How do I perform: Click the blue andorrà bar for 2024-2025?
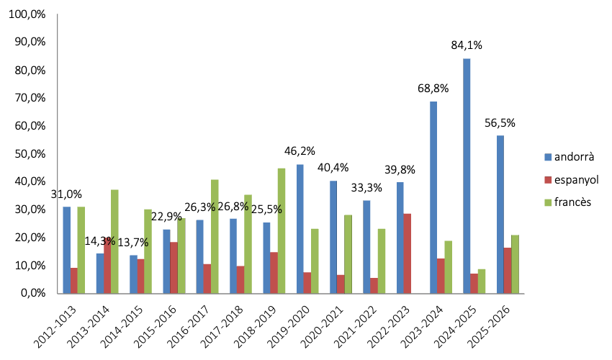tap(467, 176)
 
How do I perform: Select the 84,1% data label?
tap(467, 45)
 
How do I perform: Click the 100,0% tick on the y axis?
tap(27, 14)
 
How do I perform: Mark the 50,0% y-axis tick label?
tap(29, 153)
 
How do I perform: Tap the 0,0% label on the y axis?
tap(31, 293)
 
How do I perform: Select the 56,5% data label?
tap(500, 122)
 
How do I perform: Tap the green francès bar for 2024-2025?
tap(481, 281)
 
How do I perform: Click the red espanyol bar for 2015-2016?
tap(174, 267)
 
